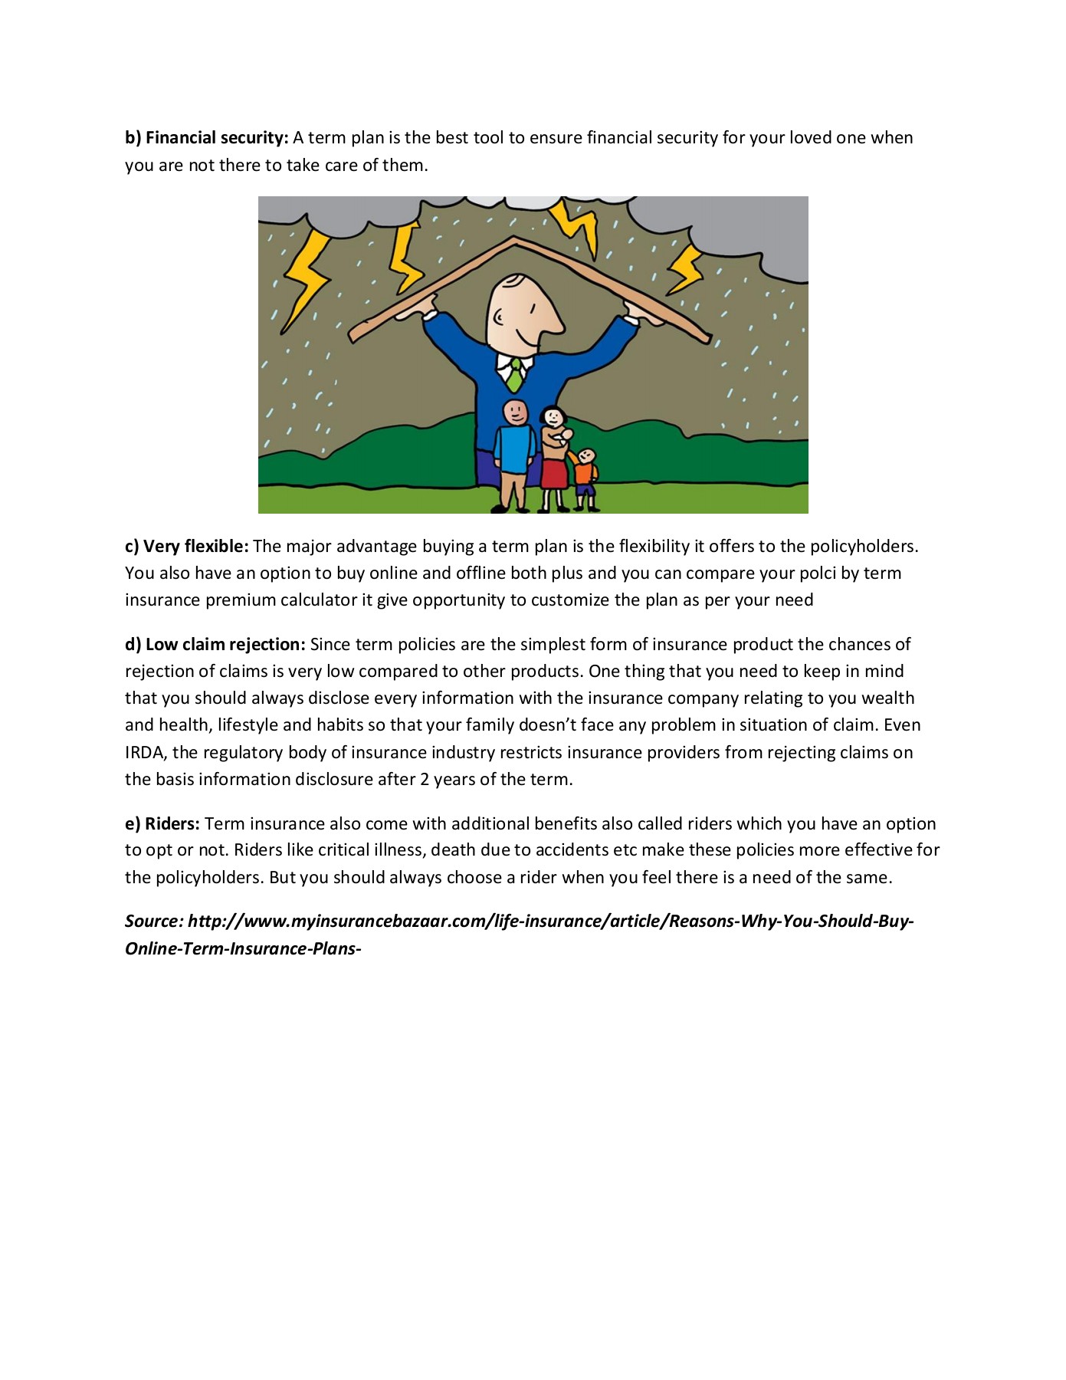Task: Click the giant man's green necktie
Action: pos(516,376)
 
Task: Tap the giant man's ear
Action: pos(499,317)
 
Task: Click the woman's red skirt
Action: pos(554,472)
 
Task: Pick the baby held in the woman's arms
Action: pos(565,438)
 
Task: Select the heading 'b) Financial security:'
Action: pos(207,138)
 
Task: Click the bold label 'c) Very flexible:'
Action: pos(187,547)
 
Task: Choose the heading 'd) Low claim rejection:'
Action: pos(215,645)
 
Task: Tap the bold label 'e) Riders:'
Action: pos(162,824)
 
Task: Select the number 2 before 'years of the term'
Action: pos(425,780)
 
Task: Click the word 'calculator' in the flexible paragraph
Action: pos(319,600)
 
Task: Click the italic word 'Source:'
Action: pos(154,922)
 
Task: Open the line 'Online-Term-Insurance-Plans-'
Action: pos(243,949)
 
